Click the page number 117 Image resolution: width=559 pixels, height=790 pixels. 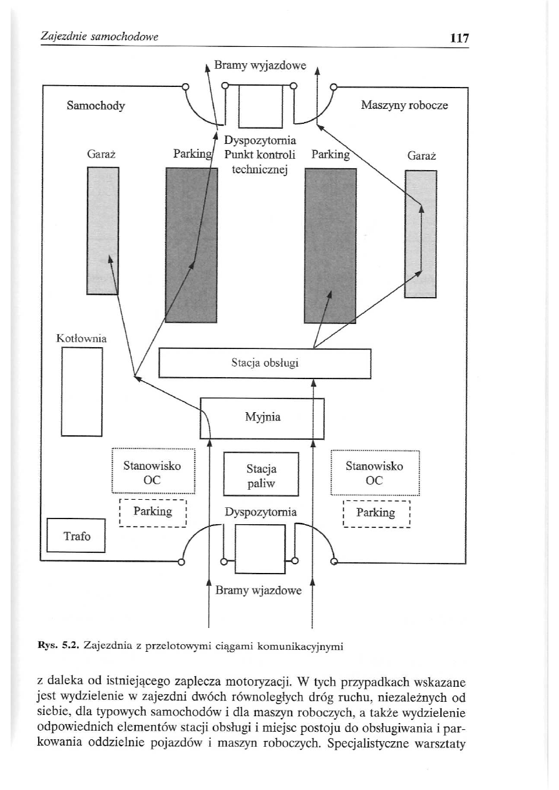click(459, 38)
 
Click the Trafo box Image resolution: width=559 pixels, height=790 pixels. click(76, 536)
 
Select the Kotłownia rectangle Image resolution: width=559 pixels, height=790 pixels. click(81, 392)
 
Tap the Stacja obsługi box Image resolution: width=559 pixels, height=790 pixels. click(265, 363)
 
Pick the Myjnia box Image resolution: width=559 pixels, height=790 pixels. click(262, 417)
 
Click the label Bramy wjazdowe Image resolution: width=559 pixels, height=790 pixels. click(259, 590)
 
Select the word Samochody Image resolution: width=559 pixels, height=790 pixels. click(96, 106)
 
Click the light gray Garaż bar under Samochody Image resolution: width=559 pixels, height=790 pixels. click(103, 231)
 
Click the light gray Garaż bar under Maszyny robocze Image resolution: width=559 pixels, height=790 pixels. click(421, 234)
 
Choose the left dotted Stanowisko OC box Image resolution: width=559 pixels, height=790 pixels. click(153, 472)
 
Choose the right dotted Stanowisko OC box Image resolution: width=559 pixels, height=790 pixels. click(374, 473)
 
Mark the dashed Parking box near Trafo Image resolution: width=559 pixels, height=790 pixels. click(153, 512)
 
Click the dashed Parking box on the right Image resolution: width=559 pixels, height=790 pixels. click(376, 514)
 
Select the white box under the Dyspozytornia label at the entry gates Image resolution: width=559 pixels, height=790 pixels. click(259, 549)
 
